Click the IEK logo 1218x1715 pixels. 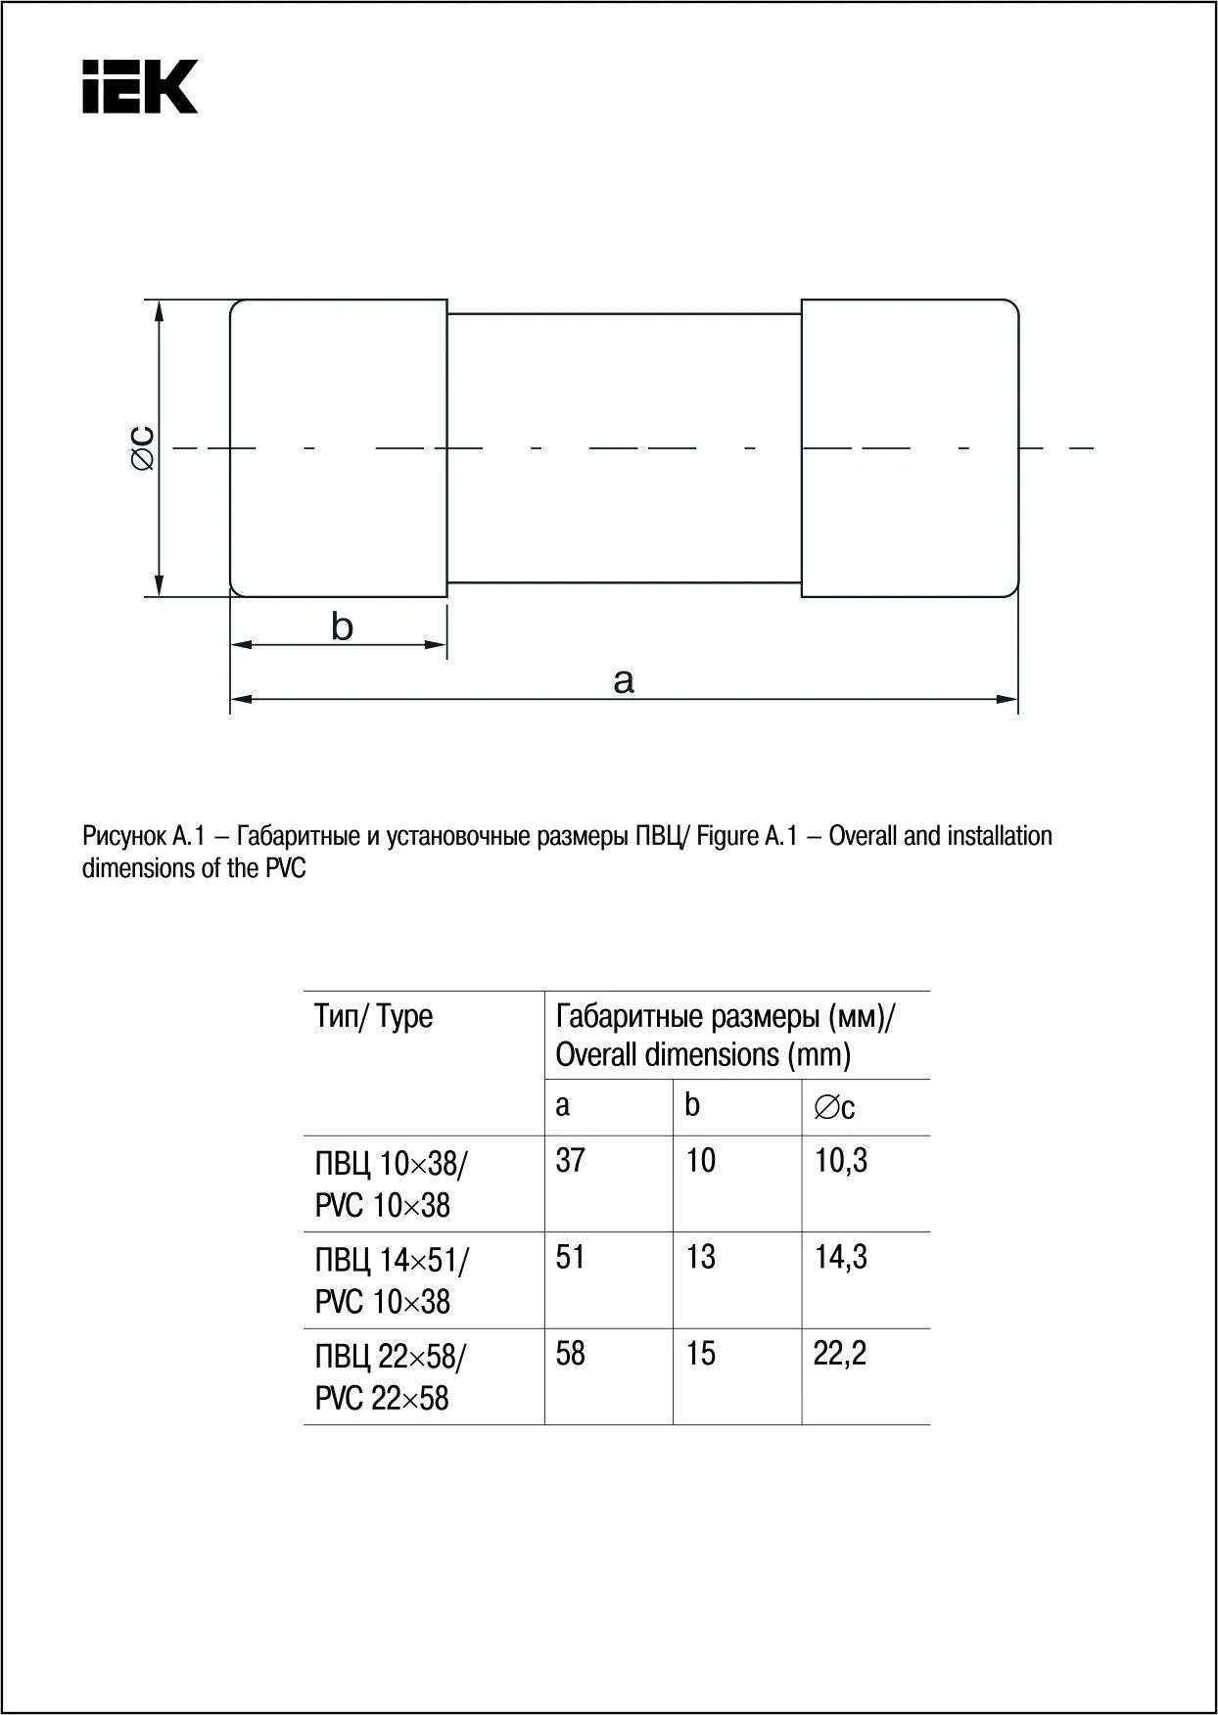(x=140, y=86)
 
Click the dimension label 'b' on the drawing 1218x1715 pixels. (x=342, y=626)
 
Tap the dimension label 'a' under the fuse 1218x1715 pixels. (x=624, y=679)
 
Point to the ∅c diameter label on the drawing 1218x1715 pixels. (x=143, y=447)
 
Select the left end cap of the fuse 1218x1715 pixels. (x=339, y=447)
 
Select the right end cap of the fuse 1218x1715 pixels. (x=910, y=447)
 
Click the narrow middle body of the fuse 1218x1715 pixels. (x=624, y=447)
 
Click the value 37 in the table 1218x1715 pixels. (x=570, y=1161)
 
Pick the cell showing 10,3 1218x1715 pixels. (x=841, y=1161)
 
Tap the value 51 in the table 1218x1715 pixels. (x=570, y=1257)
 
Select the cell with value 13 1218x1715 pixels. (x=700, y=1257)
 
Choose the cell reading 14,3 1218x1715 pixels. (x=841, y=1257)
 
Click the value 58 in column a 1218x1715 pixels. (x=570, y=1354)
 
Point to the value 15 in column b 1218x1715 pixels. (x=700, y=1354)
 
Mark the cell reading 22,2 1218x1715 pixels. (x=840, y=1354)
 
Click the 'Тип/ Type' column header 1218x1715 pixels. (x=373, y=1016)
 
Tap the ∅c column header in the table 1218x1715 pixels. (x=834, y=1107)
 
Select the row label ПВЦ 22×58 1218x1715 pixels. (x=391, y=1358)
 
